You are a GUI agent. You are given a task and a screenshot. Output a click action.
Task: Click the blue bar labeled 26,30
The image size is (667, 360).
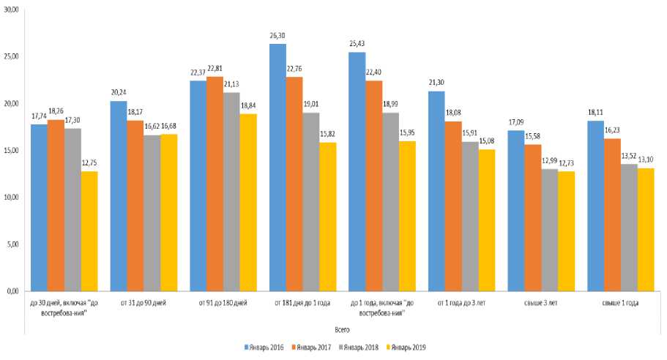(277, 168)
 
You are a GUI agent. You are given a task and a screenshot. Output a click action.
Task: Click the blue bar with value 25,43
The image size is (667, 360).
(357, 171)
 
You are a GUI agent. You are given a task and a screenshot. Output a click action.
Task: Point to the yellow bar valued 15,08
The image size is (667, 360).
(487, 220)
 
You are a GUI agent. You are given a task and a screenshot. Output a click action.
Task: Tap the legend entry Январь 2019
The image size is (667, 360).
(410, 346)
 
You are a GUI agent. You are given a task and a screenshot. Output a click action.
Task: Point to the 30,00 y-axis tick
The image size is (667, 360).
(12, 10)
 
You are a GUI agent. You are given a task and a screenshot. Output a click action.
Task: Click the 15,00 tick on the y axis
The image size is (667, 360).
(12, 150)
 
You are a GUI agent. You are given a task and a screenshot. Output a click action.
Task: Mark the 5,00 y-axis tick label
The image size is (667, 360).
(13, 244)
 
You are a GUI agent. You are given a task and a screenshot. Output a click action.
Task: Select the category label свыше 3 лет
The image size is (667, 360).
(542, 302)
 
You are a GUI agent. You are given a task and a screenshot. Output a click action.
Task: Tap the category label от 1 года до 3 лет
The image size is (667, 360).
(462, 302)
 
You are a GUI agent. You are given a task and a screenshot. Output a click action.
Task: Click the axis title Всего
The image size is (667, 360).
(342, 329)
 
